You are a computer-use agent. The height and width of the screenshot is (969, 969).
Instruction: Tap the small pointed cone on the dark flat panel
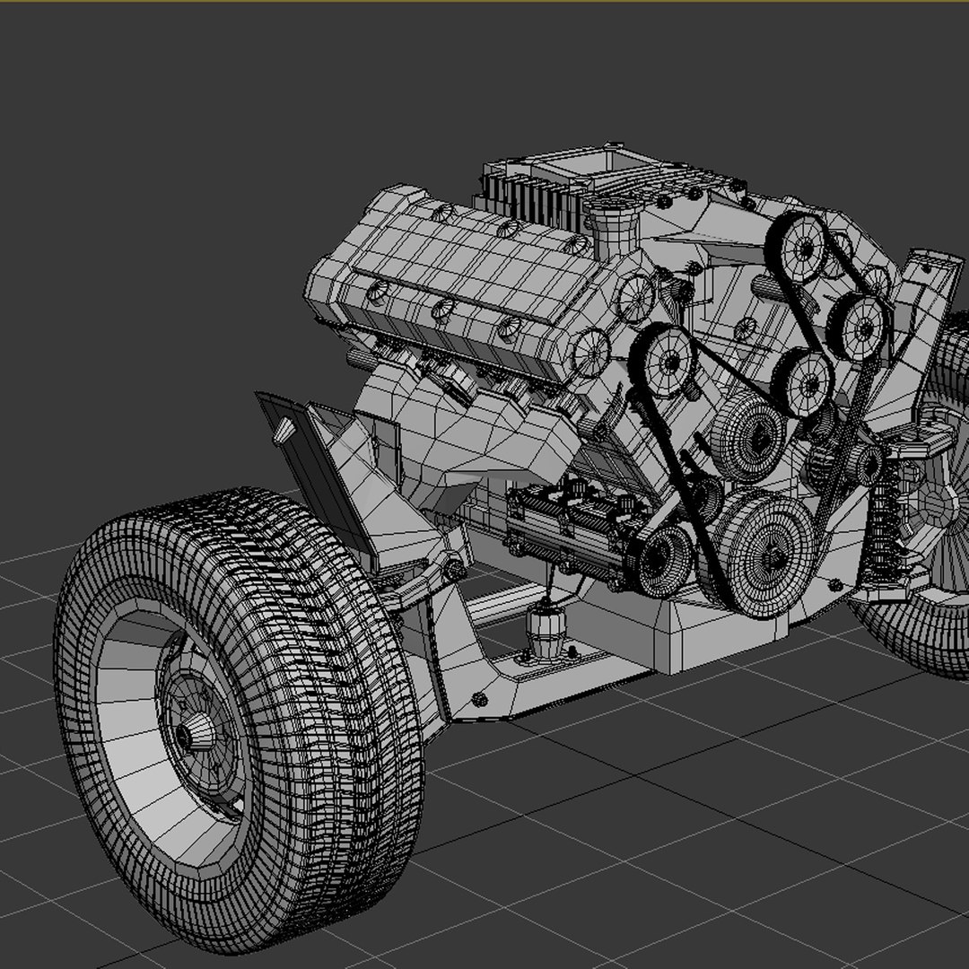coord(284,430)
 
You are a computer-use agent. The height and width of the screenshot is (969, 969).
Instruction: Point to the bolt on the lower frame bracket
coord(480,698)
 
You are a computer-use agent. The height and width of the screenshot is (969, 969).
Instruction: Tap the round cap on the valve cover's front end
coord(592,352)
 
